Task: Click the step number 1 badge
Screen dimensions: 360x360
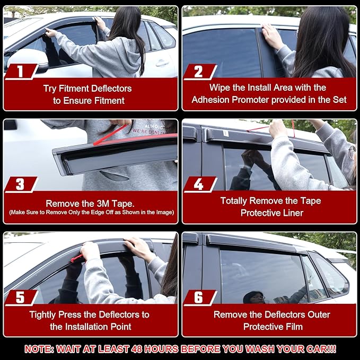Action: (21, 72)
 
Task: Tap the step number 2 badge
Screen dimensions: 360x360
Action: (199, 72)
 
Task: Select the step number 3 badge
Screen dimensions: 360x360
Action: (21, 185)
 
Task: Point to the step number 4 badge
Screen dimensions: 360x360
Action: (199, 185)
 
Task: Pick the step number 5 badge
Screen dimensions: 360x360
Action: (21, 297)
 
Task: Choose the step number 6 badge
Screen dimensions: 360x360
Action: (199, 297)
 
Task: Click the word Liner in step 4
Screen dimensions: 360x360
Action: (293, 213)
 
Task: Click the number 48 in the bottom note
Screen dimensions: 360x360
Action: (137, 349)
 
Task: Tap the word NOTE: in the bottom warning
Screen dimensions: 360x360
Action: (39, 349)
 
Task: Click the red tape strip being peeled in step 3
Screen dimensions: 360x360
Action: (110, 135)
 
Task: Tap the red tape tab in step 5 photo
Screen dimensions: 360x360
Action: (77, 259)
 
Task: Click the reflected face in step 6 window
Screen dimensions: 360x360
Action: (253, 297)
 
